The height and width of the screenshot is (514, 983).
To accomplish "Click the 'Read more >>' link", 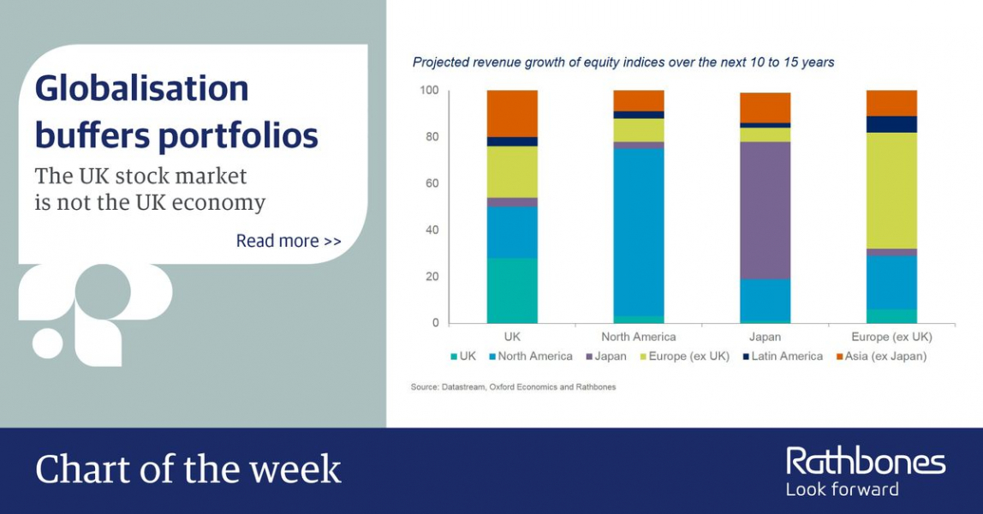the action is [x=289, y=241].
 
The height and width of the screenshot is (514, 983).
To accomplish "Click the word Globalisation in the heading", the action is [x=141, y=87].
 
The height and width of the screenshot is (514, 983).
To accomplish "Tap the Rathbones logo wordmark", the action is [x=866, y=462].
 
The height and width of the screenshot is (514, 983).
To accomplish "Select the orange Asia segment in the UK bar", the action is [x=512, y=113].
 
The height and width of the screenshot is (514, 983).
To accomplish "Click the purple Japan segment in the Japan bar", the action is [x=765, y=210].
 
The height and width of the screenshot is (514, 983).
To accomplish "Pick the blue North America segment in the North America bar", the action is [x=638, y=232].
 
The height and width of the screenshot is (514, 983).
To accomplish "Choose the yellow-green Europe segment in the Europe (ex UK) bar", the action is [x=891, y=190].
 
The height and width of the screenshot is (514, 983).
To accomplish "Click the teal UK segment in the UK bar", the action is [x=512, y=290].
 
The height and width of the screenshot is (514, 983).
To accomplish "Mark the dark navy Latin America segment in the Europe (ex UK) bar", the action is [x=891, y=124].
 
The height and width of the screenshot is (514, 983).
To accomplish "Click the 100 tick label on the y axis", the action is [x=430, y=90].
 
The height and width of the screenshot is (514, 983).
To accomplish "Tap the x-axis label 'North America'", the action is [x=638, y=337].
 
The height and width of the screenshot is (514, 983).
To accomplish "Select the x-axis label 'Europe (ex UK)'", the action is [x=891, y=337].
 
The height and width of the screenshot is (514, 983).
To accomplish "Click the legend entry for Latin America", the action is [x=783, y=356].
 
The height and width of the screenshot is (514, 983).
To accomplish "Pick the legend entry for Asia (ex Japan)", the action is [x=881, y=356].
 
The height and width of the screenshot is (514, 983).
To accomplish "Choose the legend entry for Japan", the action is [x=606, y=356].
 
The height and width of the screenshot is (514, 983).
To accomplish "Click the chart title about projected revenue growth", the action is [x=623, y=62].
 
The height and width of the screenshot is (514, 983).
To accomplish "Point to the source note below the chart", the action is [x=514, y=386].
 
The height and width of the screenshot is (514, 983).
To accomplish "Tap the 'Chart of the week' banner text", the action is [x=188, y=469].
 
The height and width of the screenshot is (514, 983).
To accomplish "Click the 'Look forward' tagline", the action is [x=843, y=489].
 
